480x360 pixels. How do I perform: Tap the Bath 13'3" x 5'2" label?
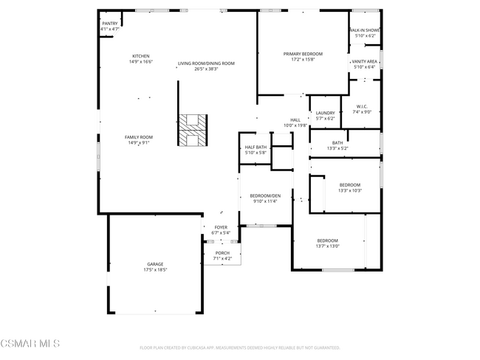point(337,145)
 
